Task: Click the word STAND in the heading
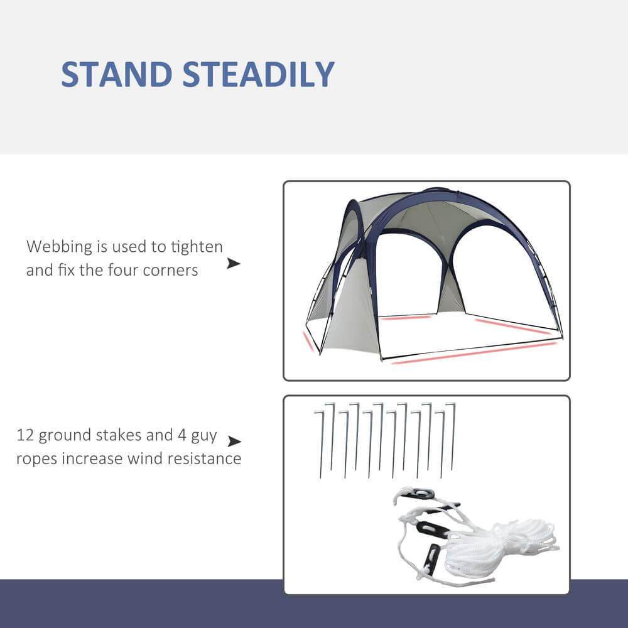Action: click(116, 75)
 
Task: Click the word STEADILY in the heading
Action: click(258, 75)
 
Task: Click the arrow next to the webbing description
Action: click(234, 263)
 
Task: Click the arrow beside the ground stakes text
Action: click(234, 441)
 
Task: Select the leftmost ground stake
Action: click(321, 443)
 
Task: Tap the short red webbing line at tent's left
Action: click(308, 341)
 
